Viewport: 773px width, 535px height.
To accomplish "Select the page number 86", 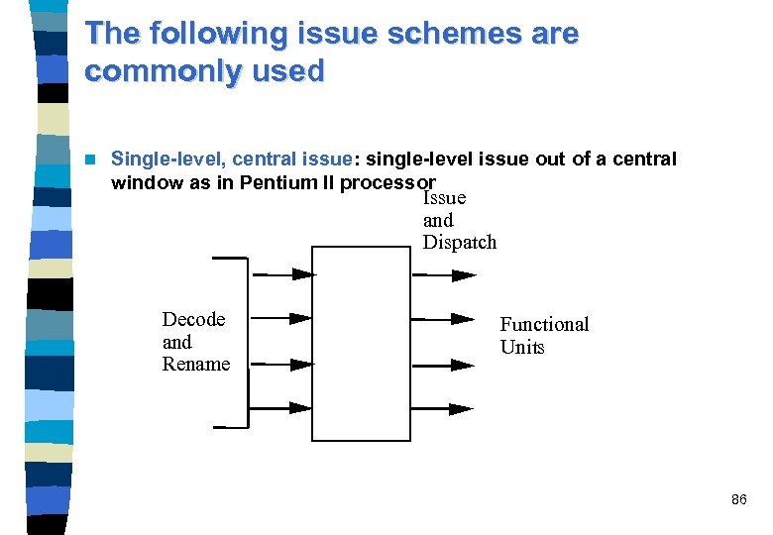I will [738, 500].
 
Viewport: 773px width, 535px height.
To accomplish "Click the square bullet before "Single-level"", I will [92, 159].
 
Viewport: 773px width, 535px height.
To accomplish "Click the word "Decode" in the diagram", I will [193, 319].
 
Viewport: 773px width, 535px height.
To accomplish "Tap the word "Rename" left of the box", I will [195, 364].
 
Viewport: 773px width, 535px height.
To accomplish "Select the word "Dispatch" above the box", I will [459, 243].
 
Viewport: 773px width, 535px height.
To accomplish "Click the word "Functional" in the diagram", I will [543, 324].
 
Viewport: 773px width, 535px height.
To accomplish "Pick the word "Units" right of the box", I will [522, 347].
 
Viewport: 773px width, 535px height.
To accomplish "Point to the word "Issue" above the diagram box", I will [444, 198].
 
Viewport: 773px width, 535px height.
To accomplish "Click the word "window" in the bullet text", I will [146, 182].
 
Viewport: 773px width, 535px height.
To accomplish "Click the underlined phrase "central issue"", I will [292, 159].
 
